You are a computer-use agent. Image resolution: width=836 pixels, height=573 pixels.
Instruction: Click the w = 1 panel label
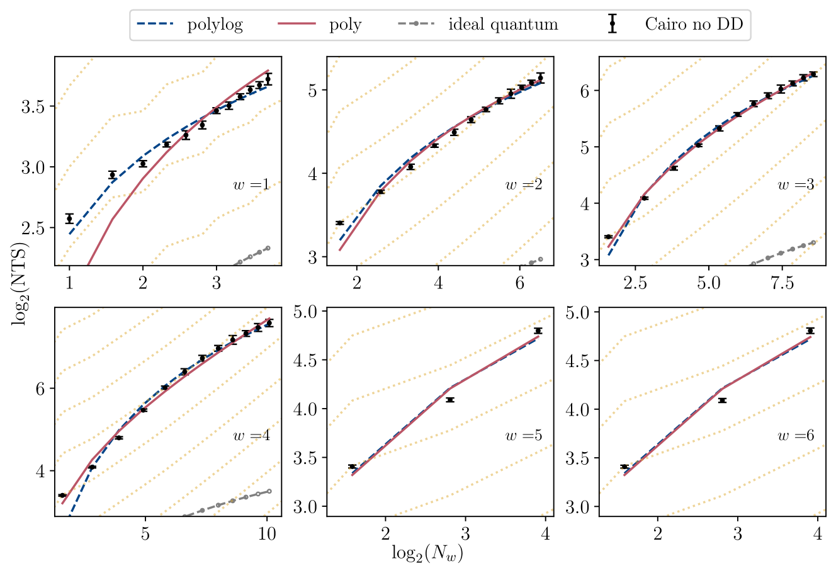(x=252, y=185)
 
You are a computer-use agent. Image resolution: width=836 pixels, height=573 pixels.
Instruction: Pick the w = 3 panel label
(x=796, y=185)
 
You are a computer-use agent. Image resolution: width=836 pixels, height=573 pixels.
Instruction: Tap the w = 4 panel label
(x=252, y=435)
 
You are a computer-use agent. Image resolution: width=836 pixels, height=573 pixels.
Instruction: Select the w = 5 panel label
(x=524, y=435)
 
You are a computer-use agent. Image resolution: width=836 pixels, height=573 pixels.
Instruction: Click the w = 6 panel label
(x=796, y=435)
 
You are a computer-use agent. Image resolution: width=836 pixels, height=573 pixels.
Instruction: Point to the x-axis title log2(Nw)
(x=431, y=553)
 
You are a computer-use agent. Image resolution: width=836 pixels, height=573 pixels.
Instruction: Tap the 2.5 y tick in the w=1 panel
(x=34, y=228)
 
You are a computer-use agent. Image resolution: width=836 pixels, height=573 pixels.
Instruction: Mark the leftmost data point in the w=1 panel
(x=69, y=218)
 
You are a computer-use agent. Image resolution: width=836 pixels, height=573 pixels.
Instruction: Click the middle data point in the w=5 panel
(x=449, y=400)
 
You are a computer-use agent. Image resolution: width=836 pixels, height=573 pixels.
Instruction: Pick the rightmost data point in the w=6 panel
(x=811, y=331)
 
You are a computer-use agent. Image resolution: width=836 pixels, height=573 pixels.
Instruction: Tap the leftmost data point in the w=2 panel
(x=340, y=223)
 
